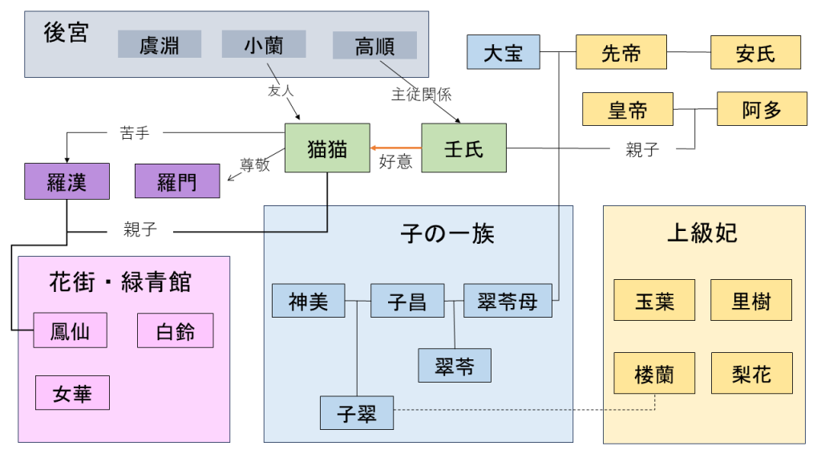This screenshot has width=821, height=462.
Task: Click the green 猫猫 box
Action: click(x=327, y=148)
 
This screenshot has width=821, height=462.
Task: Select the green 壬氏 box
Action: click(x=463, y=148)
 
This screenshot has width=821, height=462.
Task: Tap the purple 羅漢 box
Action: click(x=66, y=180)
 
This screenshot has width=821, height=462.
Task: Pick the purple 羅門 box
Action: click(x=176, y=180)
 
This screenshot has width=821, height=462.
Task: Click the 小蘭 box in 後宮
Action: click(x=264, y=44)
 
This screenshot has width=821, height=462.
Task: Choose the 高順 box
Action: click(x=374, y=46)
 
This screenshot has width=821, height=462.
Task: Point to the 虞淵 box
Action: click(x=160, y=44)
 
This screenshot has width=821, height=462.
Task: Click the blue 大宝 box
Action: click(x=504, y=52)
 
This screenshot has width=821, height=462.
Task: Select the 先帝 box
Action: click(x=621, y=53)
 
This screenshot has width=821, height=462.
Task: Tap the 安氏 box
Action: click(x=755, y=53)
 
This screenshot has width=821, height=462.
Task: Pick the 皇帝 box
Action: click(x=628, y=109)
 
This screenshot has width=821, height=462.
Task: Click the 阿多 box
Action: click(x=762, y=109)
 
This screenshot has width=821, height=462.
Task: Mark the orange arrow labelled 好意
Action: click(x=396, y=148)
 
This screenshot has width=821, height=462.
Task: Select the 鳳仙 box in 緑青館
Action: click(x=70, y=330)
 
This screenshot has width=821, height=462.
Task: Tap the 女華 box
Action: click(x=72, y=393)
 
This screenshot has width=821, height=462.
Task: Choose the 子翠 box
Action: click(x=357, y=414)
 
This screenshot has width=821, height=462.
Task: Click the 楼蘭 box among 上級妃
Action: click(x=654, y=373)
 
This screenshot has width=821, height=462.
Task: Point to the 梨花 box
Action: click(x=751, y=373)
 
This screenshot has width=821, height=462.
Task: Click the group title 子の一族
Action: click(x=447, y=233)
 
